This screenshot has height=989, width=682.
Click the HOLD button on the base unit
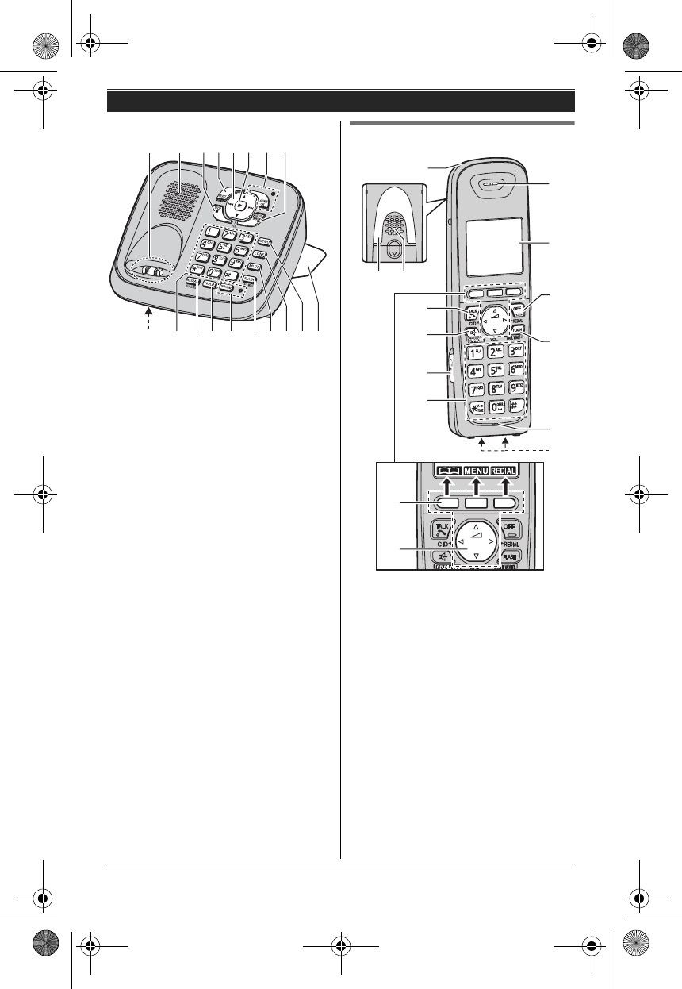210,283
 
